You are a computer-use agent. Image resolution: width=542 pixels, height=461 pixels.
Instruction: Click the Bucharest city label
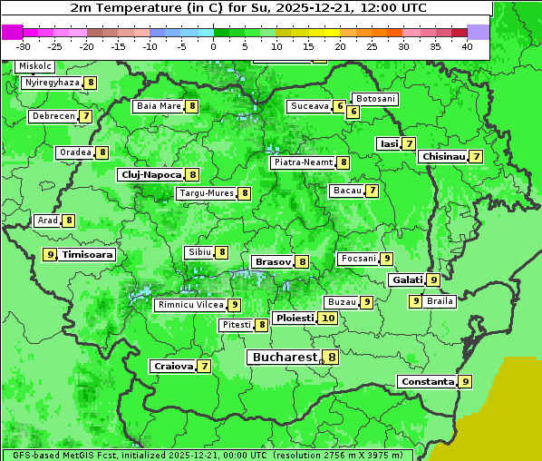pyautogui.click(x=284, y=358)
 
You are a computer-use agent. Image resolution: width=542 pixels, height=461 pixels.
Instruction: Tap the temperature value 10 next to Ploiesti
pyautogui.click(x=328, y=319)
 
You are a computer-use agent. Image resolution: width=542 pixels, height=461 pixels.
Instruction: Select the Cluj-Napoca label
pyautogui.click(x=150, y=174)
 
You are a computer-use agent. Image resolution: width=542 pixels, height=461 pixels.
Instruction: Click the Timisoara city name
pyautogui.click(x=88, y=255)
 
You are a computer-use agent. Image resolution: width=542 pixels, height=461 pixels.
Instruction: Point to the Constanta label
pyautogui.click(x=426, y=382)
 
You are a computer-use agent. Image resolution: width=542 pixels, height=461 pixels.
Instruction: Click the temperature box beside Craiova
pyautogui.click(x=205, y=367)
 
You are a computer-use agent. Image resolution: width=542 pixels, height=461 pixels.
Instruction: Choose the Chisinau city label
pyautogui.click(x=443, y=157)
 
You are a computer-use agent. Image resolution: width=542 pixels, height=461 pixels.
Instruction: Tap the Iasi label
pyautogui.click(x=389, y=143)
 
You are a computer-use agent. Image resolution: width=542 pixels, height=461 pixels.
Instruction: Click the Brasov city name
pyautogui.click(x=272, y=261)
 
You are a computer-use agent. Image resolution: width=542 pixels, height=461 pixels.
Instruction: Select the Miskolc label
pyautogui.click(x=35, y=66)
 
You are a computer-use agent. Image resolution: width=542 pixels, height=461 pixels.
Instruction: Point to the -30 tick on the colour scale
pyautogui.click(x=24, y=45)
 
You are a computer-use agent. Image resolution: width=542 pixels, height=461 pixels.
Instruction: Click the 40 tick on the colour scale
pyautogui.click(x=467, y=45)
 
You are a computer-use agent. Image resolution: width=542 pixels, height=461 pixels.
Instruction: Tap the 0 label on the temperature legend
pyautogui.click(x=214, y=45)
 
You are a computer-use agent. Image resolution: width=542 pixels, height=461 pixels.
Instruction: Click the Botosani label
pyautogui.click(x=374, y=99)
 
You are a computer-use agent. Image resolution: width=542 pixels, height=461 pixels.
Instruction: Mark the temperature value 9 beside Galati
pyautogui.click(x=433, y=280)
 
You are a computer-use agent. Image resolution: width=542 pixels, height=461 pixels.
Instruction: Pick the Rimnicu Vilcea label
pyautogui.click(x=189, y=305)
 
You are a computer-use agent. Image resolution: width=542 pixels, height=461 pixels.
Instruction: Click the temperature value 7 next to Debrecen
pyautogui.click(x=85, y=116)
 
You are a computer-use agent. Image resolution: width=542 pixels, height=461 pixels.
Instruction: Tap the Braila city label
pyautogui.click(x=440, y=301)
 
